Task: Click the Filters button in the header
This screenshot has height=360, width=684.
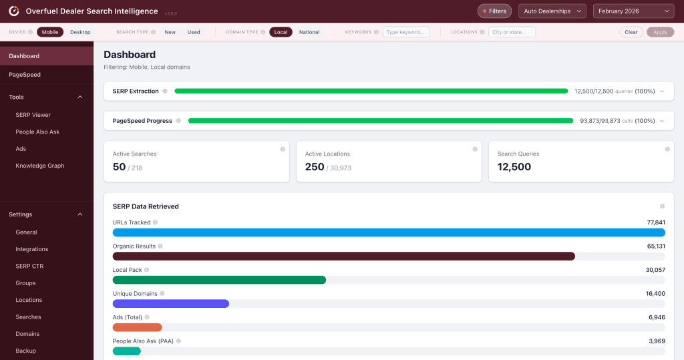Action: [x=494, y=11]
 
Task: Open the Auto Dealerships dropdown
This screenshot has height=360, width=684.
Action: [x=552, y=11]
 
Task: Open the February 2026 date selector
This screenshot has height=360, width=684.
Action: [x=633, y=11]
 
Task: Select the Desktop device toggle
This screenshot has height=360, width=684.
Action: [x=80, y=32]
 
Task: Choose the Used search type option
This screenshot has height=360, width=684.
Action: [x=194, y=32]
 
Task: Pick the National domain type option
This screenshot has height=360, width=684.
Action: [x=309, y=32]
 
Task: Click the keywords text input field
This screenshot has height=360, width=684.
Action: [x=406, y=32]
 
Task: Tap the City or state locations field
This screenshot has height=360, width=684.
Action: [x=512, y=32]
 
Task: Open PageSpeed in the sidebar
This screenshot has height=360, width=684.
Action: [x=25, y=75]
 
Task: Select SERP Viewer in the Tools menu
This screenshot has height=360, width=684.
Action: [x=33, y=115]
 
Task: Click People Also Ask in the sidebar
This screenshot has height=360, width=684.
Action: [x=37, y=132]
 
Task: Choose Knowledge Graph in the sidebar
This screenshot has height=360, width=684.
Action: [x=40, y=166]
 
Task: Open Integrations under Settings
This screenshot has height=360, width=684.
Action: [x=32, y=249]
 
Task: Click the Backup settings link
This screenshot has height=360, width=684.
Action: [x=26, y=351]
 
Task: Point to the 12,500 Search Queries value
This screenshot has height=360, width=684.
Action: [x=514, y=167]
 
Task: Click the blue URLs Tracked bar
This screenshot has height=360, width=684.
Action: [x=389, y=232]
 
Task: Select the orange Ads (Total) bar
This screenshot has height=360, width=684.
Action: [x=138, y=327]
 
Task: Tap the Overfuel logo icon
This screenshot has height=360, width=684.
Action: [x=13, y=11]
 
